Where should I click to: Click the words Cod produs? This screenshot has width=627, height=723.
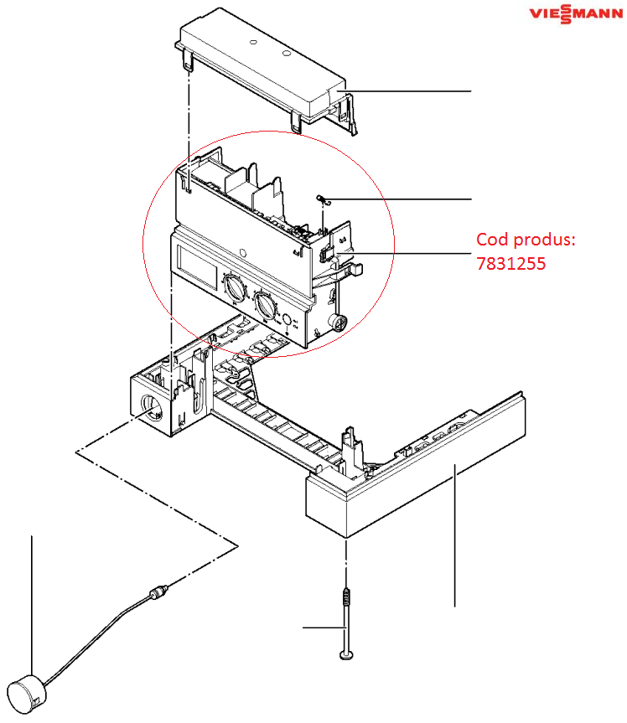tap(526, 240)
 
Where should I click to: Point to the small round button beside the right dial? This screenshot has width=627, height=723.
tap(288, 320)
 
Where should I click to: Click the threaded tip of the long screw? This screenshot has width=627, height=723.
tap(346, 596)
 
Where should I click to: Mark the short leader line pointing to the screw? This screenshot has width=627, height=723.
tap(324, 627)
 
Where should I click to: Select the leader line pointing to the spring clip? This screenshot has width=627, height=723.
tap(402, 199)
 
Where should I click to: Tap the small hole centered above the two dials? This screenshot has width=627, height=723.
tap(241, 250)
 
